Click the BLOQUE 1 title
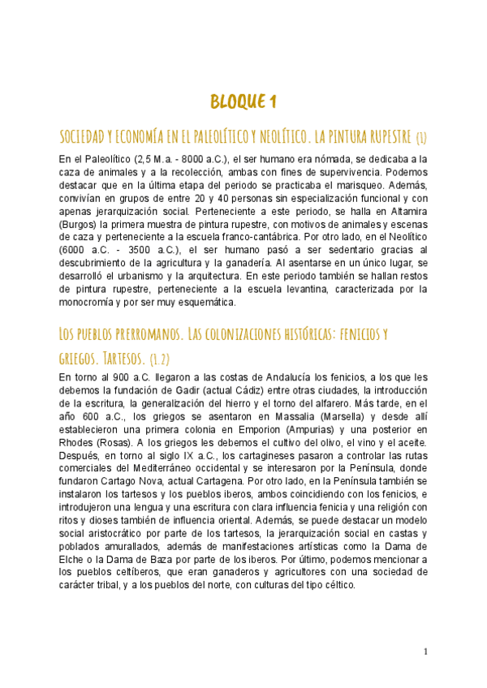pyautogui.click(x=243, y=101)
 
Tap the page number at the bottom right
pyautogui.click(x=425, y=651)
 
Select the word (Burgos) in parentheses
pyautogui.click(x=80, y=225)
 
